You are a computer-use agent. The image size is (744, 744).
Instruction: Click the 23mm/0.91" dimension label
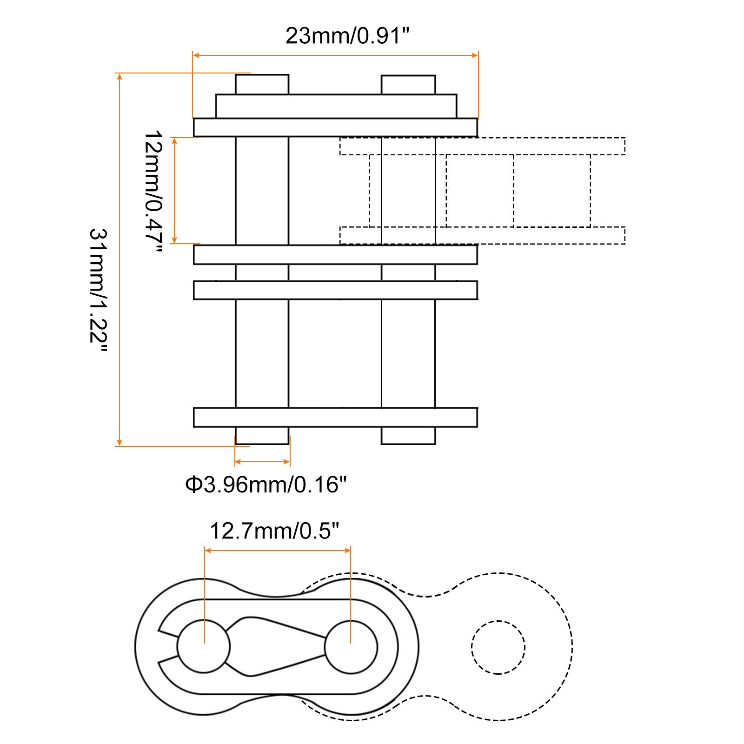(x=347, y=36)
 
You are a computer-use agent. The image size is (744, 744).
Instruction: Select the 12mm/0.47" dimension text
(x=153, y=191)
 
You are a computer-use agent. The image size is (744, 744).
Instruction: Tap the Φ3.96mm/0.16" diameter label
(x=266, y=485)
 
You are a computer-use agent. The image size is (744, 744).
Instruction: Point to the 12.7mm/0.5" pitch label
(x=274, y=531)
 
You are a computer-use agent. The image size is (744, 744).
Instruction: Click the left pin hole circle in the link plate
(x=204, y=646)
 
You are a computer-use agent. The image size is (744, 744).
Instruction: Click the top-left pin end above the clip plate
(x=262, y=85)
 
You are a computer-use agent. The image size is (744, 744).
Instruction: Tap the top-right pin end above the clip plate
(x=408, y=85)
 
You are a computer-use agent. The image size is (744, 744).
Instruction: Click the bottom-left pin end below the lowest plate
(x=262, y=436)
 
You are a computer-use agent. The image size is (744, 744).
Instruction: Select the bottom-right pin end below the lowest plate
(x=408, y=436)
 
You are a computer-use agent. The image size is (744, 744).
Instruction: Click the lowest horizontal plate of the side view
(x=335, y=417)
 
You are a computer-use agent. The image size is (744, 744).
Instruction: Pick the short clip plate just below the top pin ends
(x=336, y=106)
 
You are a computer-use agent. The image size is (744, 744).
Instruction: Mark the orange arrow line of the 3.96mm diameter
(x=262, y=462)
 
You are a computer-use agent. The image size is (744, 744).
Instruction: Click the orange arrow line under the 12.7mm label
(x=277, y=551)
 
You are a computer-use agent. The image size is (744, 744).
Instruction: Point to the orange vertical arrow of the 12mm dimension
(x=174, y=191)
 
